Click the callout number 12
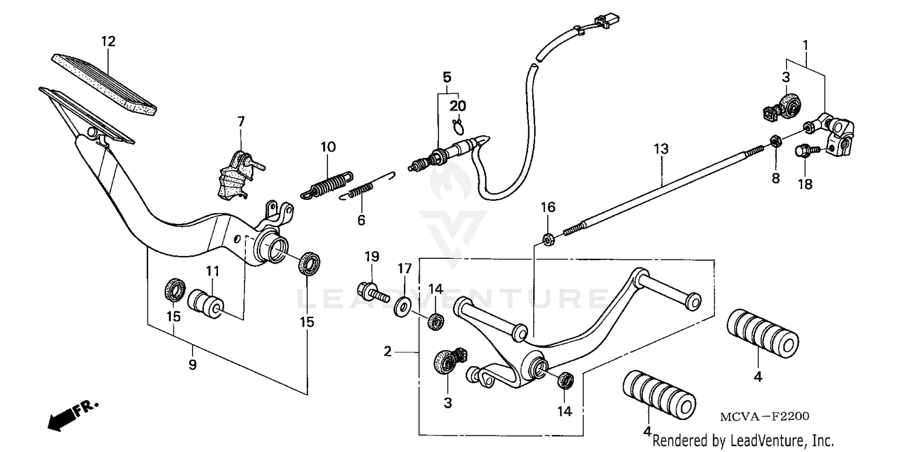(108, 42)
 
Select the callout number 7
(241, 121)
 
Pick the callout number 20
(458, 106)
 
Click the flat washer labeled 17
(401, 305)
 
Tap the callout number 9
(192, 364)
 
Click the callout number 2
(388, 351)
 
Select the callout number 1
(805, 45)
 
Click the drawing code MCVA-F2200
(764, 416)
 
